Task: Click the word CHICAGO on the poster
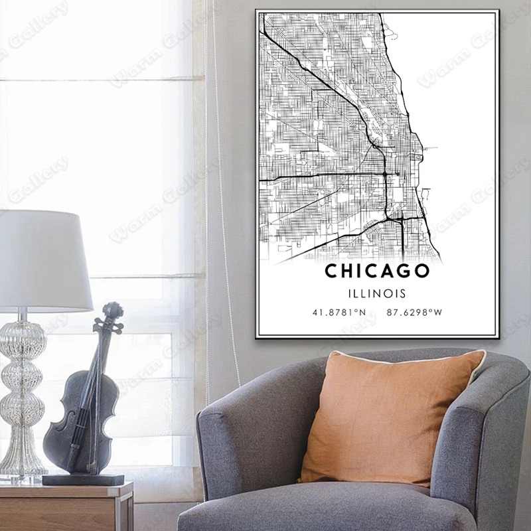tap(377, 271)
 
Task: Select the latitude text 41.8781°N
tap(340, 311)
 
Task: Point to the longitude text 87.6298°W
tap(416, 311)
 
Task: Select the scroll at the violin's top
tap(114, 309)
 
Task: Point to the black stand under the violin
tap(83, 479)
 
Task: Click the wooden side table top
tap(66, 491)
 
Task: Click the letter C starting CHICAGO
tap(331, 271)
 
